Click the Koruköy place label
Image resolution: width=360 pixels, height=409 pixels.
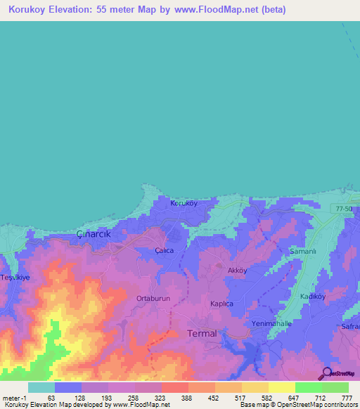tap(184, 203)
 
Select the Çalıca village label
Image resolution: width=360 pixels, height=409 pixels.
tap(164, 250)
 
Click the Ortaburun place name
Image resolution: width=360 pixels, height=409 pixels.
tap(153, 299)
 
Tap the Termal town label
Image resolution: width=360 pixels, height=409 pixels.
tap(202, 334)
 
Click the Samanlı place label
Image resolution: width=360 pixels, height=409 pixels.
tap(304, 251)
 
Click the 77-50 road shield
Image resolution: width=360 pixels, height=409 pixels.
tap(343, 208)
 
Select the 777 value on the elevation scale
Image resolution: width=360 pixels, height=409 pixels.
tap(347, 398)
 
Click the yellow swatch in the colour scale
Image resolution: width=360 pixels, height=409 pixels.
tap(281, 387)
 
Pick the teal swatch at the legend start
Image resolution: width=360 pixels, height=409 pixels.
tap(41, 387)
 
